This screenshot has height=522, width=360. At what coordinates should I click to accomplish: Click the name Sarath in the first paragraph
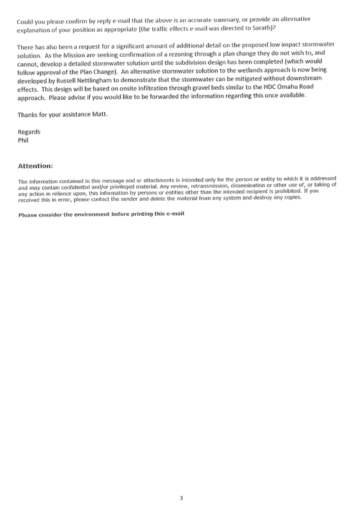click(x=262, y=27)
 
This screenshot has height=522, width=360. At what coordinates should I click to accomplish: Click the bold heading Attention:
click(x=36, y=166)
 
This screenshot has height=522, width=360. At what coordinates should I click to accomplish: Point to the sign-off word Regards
click(x=29, y=132)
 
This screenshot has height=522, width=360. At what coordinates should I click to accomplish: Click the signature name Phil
click(x=23, y=140)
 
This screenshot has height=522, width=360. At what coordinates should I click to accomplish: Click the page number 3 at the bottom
click(x=181, y=498)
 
